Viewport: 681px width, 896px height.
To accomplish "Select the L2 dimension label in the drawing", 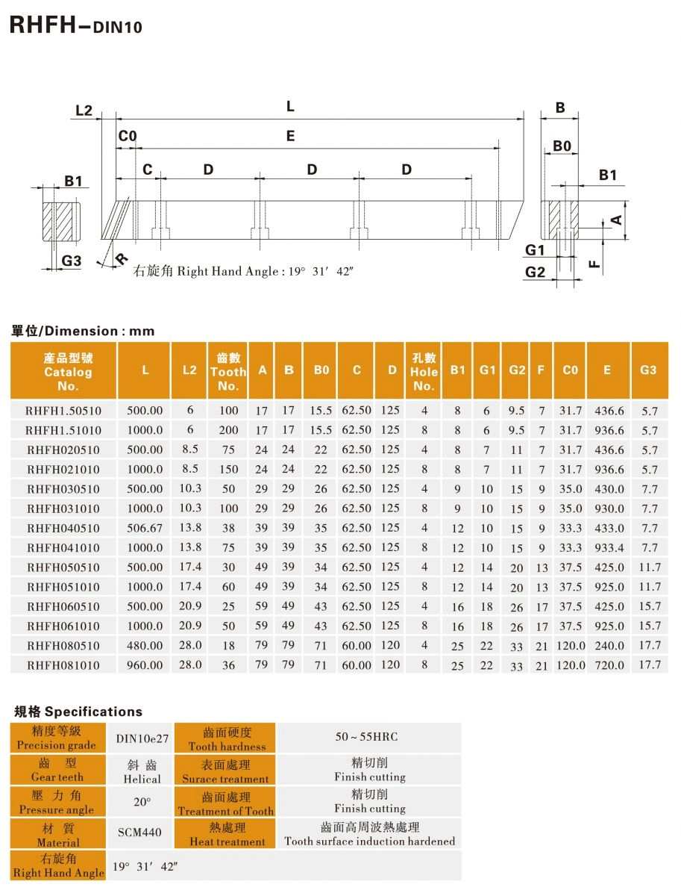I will [84, 111].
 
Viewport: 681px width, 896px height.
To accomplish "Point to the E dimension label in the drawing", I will [290, 136].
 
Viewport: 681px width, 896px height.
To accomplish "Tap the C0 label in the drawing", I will [128, 136].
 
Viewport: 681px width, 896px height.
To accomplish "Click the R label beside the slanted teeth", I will [122, 258].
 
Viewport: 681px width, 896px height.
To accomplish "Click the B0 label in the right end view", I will [562, 146].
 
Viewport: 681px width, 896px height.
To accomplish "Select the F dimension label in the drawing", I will [594, 263].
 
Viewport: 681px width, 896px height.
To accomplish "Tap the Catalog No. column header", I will [68, 372].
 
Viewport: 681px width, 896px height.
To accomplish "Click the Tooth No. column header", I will [228, 372].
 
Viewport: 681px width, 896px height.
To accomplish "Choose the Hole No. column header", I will [424, 372].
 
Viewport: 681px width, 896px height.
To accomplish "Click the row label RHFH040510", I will [63, 528].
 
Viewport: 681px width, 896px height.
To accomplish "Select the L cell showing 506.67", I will [145, 528].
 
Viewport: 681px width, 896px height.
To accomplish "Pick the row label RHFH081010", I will [63, 665].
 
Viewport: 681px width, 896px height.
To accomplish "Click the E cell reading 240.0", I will [609, 645].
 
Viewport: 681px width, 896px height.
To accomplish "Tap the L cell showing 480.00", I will [145, 645].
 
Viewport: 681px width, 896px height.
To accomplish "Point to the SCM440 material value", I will [139, 832].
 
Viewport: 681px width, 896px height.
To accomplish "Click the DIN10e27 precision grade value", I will [142, 738].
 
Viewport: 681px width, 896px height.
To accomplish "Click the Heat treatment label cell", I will [227, 834].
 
